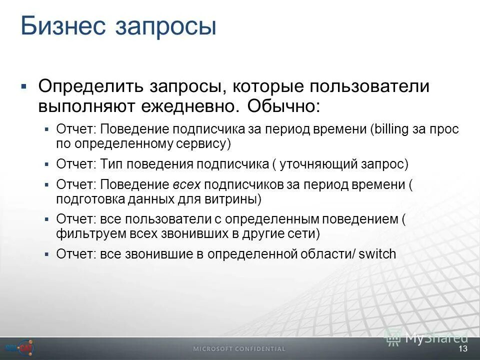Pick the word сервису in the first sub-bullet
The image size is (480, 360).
203,144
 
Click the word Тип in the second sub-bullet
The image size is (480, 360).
108,164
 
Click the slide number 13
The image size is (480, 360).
462,348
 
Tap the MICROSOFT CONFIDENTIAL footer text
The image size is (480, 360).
240,349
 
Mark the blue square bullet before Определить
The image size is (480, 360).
23,86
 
